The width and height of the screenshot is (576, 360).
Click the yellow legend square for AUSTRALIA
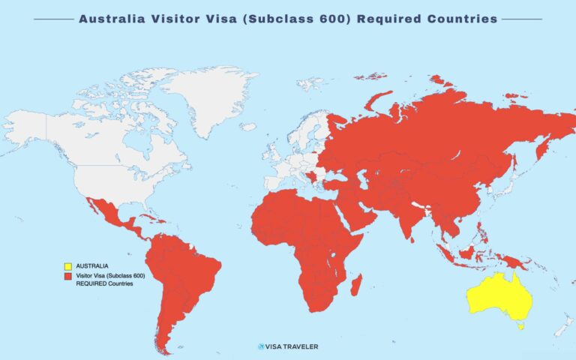click(x=67, y=265)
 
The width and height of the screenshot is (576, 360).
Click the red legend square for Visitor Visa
click(x=67, y=275)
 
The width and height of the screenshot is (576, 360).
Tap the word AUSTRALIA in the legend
click(x=92, y=265)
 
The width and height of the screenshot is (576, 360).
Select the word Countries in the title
click(x=457, y=19)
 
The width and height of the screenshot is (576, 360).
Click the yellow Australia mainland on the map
click(x=499, y=296)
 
